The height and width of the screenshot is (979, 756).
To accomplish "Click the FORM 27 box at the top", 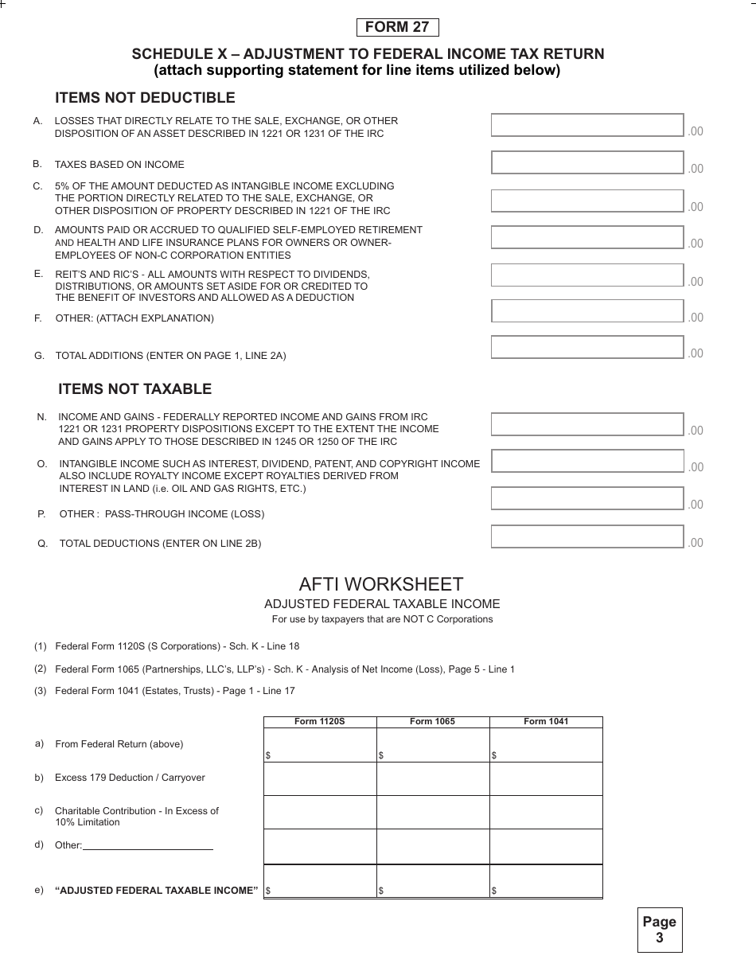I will click(x=397, y=27).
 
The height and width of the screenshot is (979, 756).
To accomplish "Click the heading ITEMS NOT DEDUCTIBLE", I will click(x=145, y=98).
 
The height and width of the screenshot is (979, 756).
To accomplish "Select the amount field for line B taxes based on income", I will click(x=587, y=162).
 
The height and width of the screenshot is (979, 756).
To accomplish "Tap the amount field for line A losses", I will click(x=587, y=125).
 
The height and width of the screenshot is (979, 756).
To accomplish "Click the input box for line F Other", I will click(x=587, y=311).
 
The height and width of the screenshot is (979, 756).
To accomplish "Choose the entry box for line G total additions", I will click(x=587, y=347).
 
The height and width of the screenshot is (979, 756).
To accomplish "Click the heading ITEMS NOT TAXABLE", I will click(x=134, y=389).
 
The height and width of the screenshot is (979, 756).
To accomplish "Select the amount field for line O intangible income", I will click(x=587, y=461).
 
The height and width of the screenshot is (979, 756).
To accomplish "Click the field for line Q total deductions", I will click(x=587, y=536).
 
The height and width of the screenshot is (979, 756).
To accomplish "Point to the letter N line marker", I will click(x=41, y=417).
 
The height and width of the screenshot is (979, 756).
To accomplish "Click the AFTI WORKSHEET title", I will click(x=381, y=583).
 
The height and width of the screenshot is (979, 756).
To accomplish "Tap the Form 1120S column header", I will click(x=320, y=722).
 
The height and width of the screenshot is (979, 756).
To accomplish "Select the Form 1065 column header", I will click(x=432, y=722).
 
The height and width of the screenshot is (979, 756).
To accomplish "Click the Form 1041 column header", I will click(x=546, y=722).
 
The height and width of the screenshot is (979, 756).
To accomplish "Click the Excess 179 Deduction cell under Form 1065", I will click(x=432, y=778).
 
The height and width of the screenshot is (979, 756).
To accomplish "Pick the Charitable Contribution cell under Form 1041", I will click(x=546, y=813).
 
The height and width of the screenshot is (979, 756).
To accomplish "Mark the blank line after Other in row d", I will click(x=148, y=845).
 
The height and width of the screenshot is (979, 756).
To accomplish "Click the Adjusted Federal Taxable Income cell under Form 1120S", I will click(x=320, y=882).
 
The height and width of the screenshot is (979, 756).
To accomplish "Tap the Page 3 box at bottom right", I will click(x=659, y=930).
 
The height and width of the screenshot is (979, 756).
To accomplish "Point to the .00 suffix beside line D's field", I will click(x=696, y=244).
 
